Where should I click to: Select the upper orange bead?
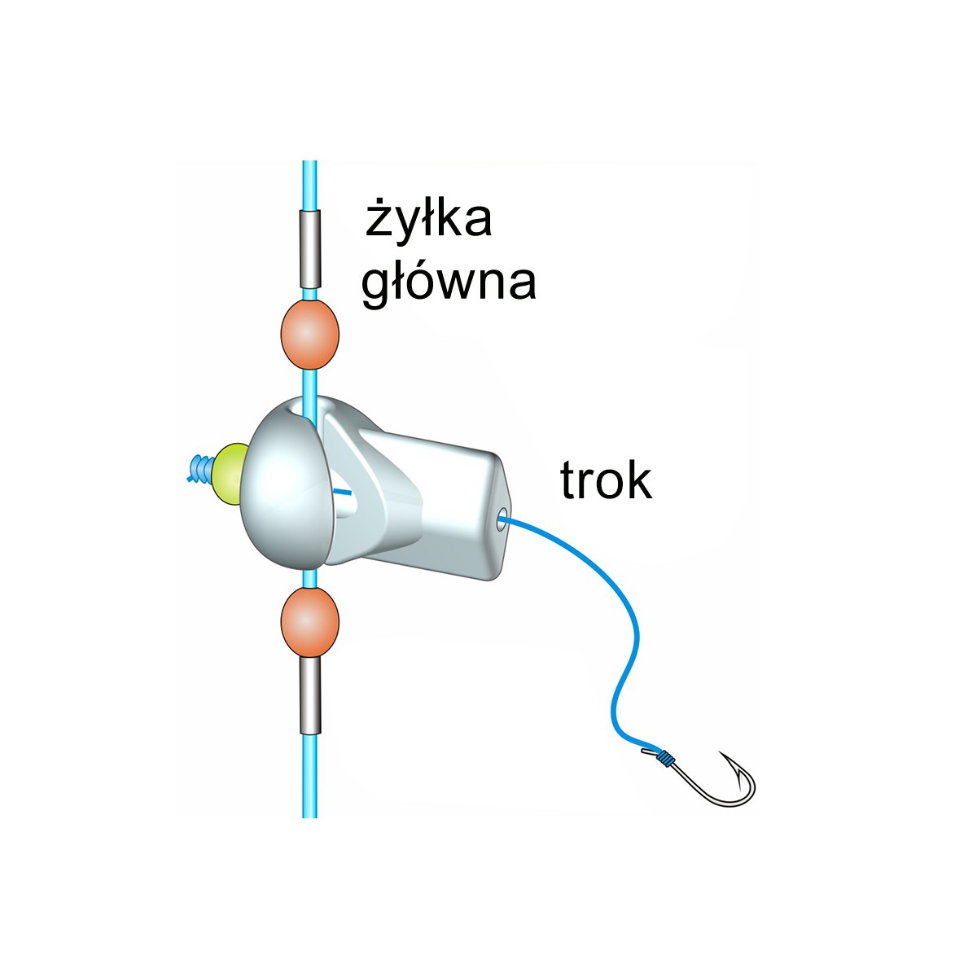tap(309, 334)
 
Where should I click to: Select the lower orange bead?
tap(309, 622)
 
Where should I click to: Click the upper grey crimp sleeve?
tap(309, 249)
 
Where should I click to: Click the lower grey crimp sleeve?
tap(310, 695)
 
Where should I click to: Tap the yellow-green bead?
tap(229, 474)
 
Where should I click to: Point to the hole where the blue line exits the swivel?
tap(502, 518)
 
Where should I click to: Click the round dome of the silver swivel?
tap(287, 484)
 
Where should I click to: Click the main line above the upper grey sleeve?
tap(309, 186)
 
